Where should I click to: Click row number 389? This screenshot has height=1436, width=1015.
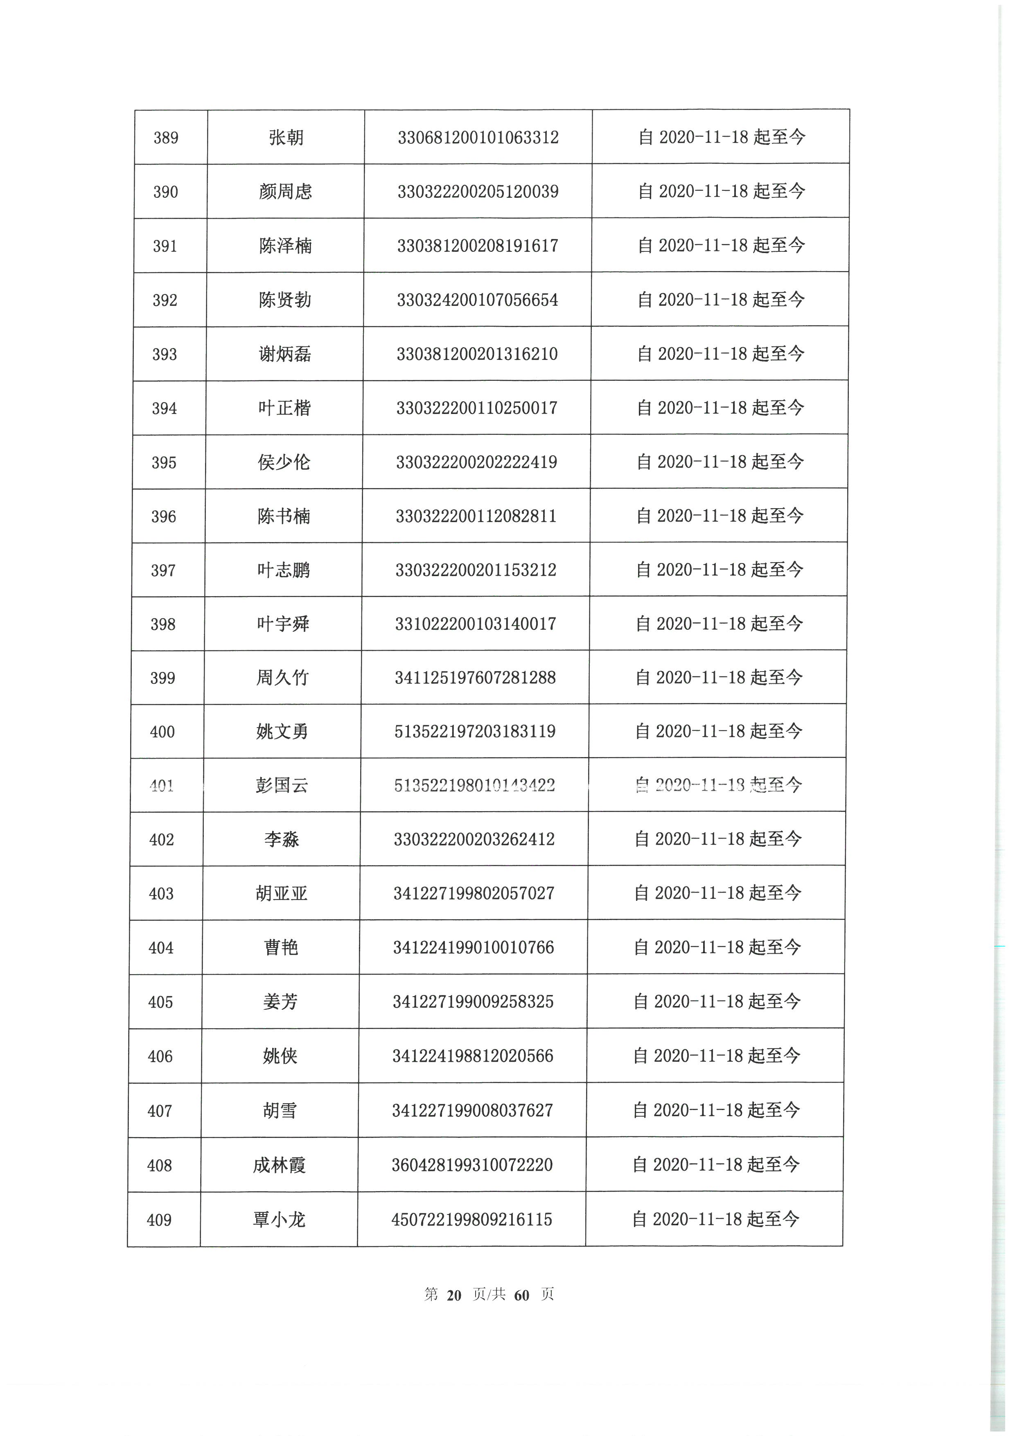(166, 138)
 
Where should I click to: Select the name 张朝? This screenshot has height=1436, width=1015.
(286, 138)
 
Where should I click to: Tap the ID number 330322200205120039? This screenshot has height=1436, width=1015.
(478, 191)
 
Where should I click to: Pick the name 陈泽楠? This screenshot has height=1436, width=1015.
(285, 246)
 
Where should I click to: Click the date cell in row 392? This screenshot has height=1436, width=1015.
(721, 300)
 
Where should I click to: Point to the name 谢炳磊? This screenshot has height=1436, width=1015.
(284, 354)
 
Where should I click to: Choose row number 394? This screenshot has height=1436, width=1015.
(165, 408)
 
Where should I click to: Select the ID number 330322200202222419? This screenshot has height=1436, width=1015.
(476, 462)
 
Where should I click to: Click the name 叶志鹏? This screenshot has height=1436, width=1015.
(283, 570)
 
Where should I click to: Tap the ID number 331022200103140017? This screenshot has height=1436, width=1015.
(475, 624)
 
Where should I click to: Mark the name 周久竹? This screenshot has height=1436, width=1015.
(282, 677)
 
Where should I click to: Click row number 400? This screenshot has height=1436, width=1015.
(162, 732)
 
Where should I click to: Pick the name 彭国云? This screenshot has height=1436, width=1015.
(282, 785)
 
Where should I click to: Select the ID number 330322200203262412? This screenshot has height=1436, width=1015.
(474, 839)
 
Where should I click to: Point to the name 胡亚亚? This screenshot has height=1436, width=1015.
(281, 893)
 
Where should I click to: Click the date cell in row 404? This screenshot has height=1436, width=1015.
(717, 948)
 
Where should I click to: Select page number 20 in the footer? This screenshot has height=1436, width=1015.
(454, 1295)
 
